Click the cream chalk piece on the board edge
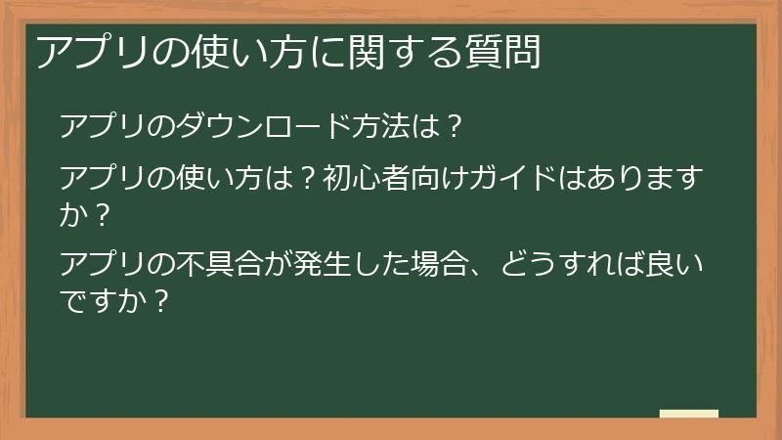[688, 414]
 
